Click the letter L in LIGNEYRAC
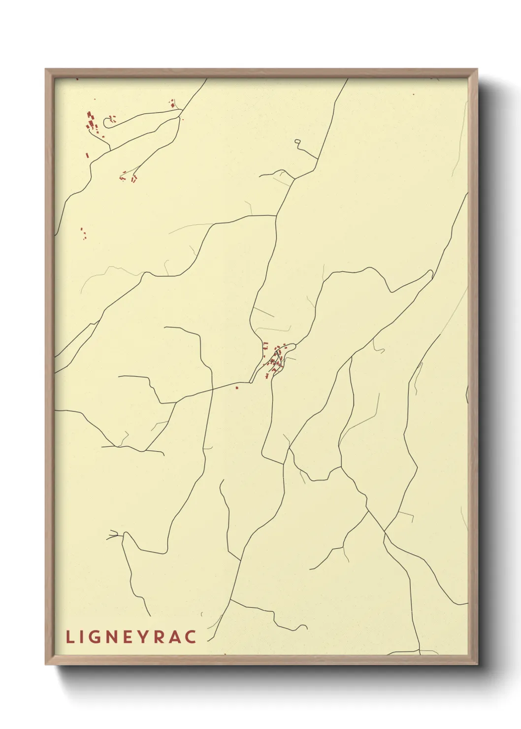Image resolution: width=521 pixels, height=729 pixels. (69, 637)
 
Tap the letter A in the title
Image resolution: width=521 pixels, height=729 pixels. (177, 637)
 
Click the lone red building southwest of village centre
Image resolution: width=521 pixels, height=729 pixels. (237, 388)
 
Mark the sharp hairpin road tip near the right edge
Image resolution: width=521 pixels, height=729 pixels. (432, 272)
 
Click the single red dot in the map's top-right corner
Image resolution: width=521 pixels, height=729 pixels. (414, 94)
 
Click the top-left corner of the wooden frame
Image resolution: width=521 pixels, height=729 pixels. (46, 69)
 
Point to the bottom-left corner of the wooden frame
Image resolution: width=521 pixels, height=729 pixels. (46, 664)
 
